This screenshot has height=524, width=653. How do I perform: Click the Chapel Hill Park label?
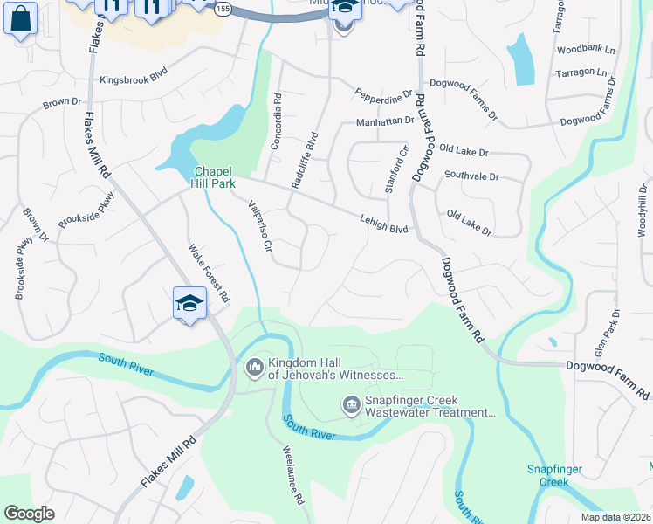click(213, 177)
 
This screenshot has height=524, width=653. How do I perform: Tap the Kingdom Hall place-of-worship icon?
click(255, 367)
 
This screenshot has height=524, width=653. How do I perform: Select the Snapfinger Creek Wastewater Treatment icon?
click(351, 404)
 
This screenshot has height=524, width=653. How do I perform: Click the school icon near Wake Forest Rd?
click(189, 303)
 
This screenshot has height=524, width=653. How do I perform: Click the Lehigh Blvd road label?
click(384, 224)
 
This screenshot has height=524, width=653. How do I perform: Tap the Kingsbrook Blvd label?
click(134, 79)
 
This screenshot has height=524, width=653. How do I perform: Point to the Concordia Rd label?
click(276, 121)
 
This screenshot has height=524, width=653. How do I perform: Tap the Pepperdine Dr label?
click(382, 93)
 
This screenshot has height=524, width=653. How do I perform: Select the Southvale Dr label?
click(471, 176)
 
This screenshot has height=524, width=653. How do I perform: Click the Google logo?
click(29, 514)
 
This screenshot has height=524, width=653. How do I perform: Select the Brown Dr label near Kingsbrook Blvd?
click(62, 103)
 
